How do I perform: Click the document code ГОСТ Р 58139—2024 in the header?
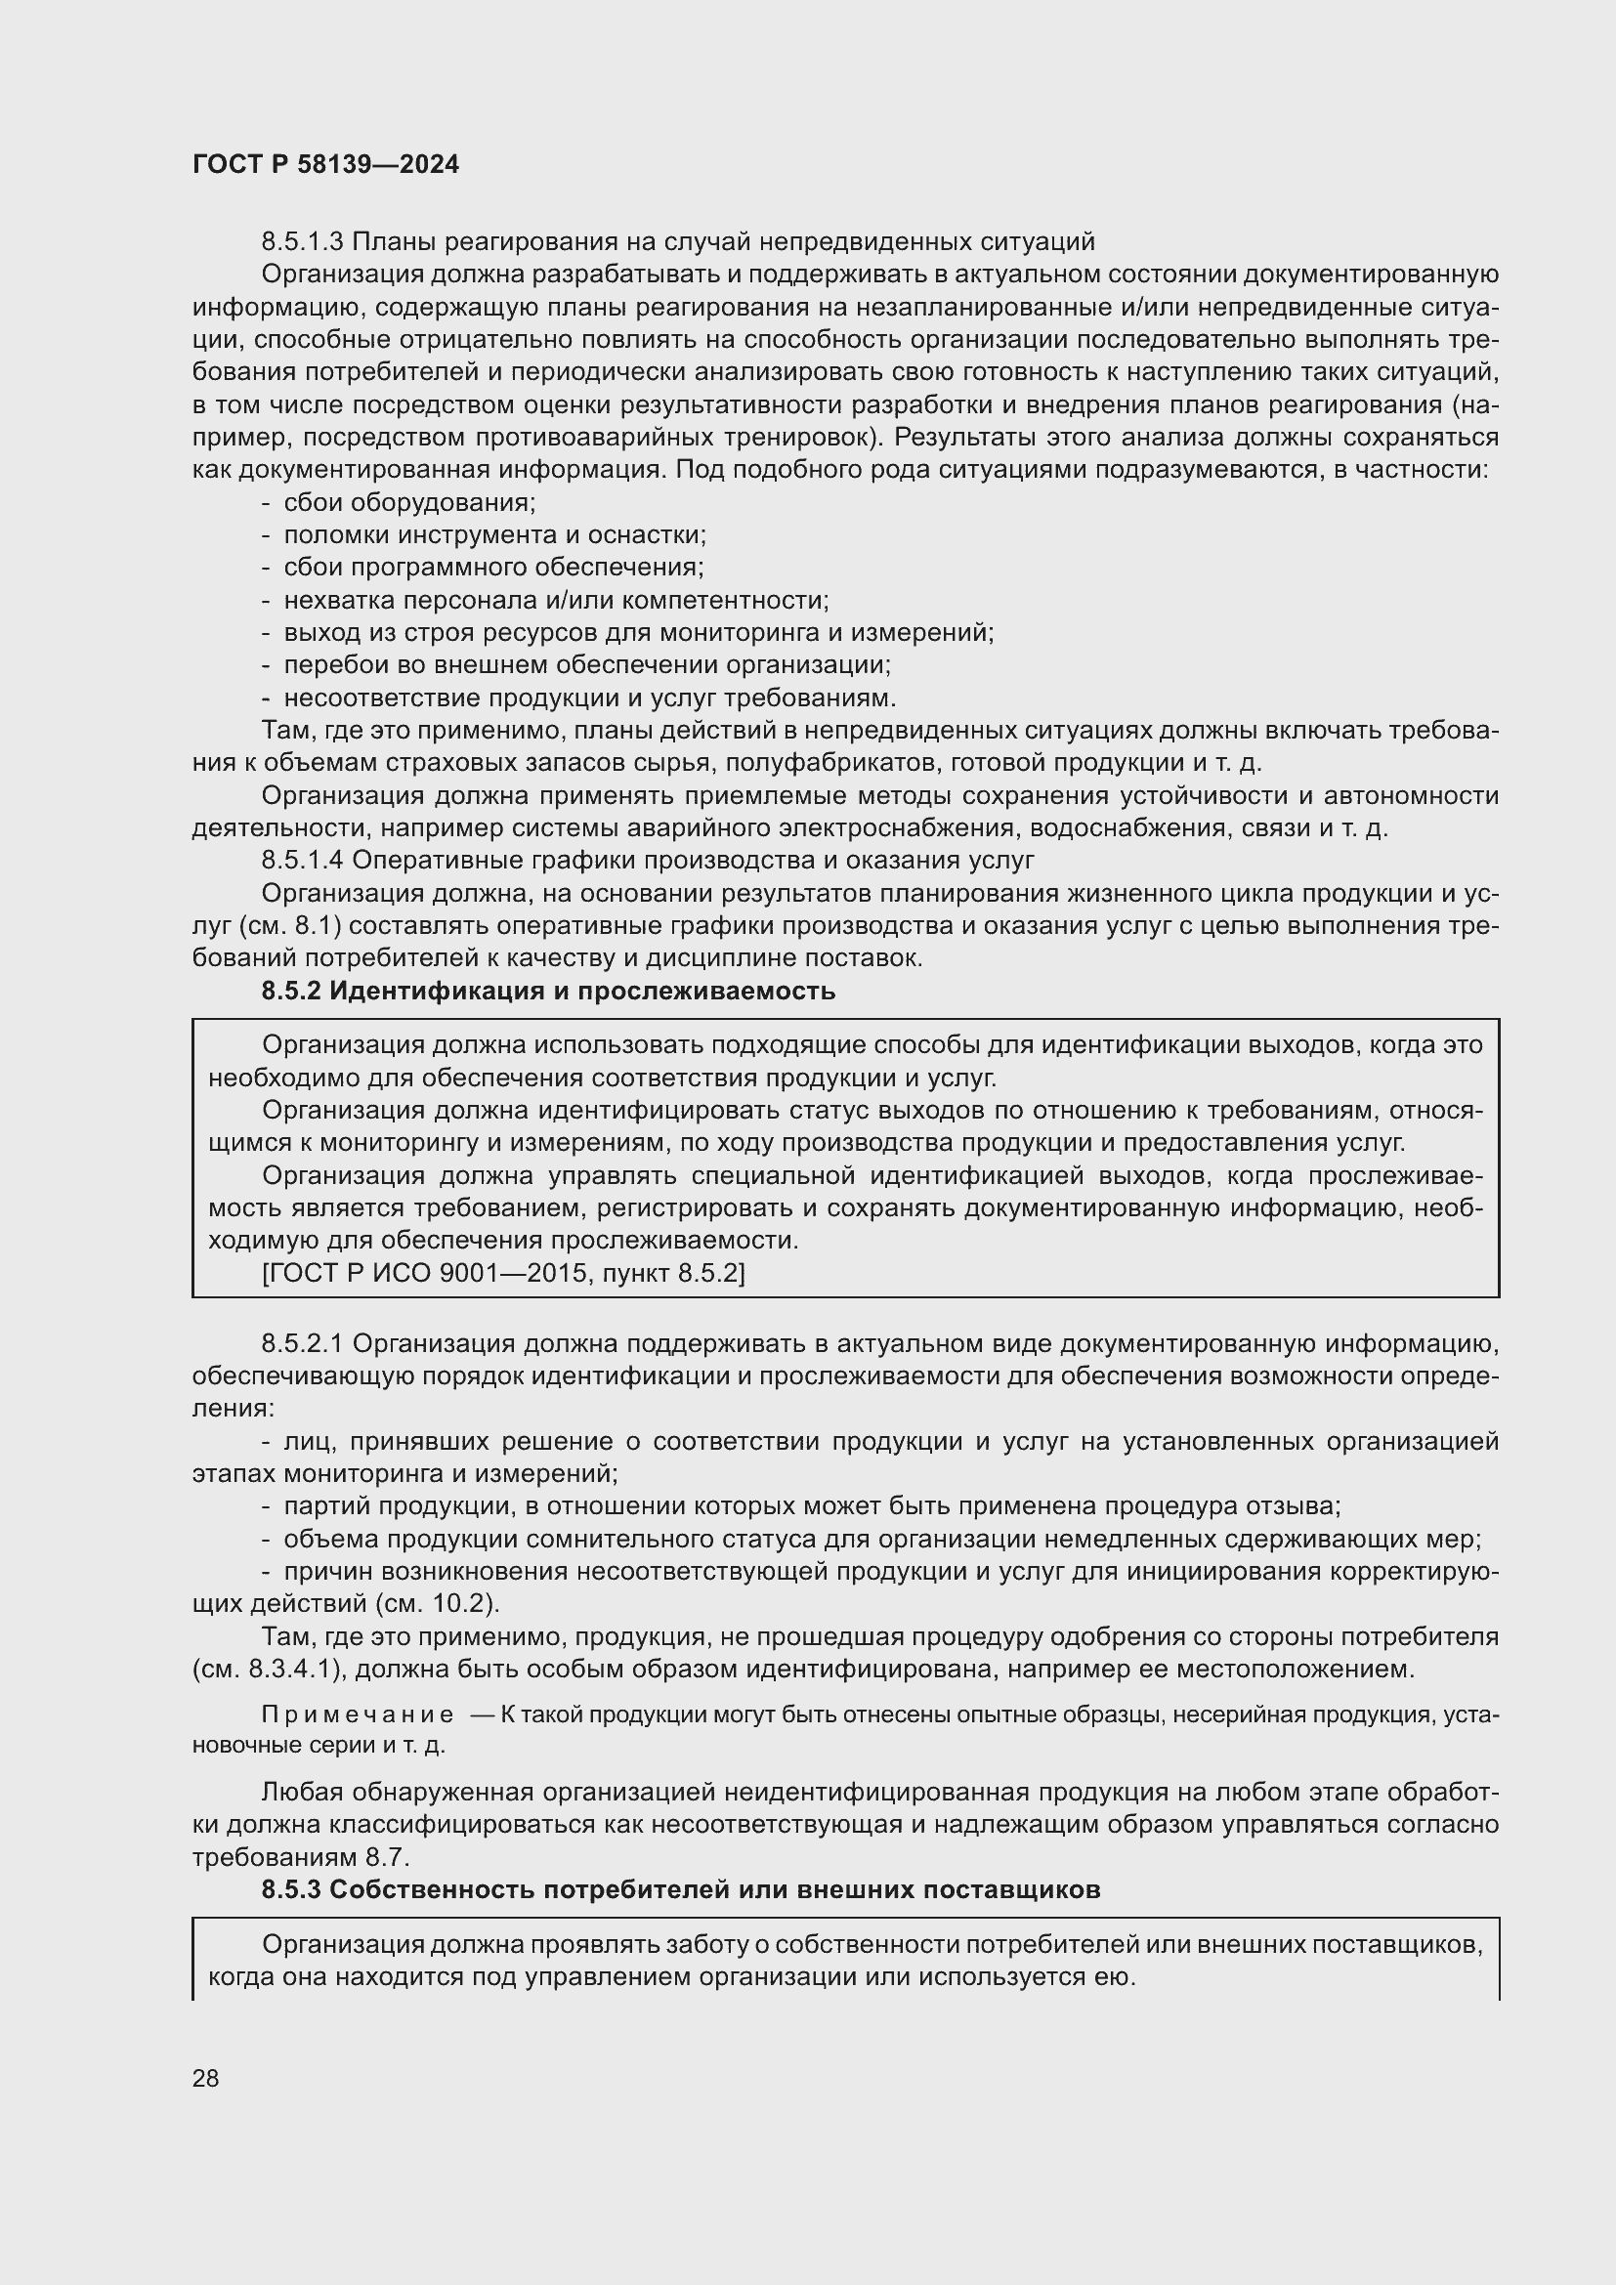tap(325, 165)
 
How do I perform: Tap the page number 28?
tap(206, 2077)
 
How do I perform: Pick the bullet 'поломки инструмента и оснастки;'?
tap(494, 535)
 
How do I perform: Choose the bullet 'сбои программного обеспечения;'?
tap(493, 568)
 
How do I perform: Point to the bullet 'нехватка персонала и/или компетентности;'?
tap(556, 600)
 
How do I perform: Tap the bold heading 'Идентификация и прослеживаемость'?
tap(582, 992)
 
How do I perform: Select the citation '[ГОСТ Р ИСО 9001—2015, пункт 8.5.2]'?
tap(503, 1273)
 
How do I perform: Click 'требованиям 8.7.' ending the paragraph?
tap(301, 1857)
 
